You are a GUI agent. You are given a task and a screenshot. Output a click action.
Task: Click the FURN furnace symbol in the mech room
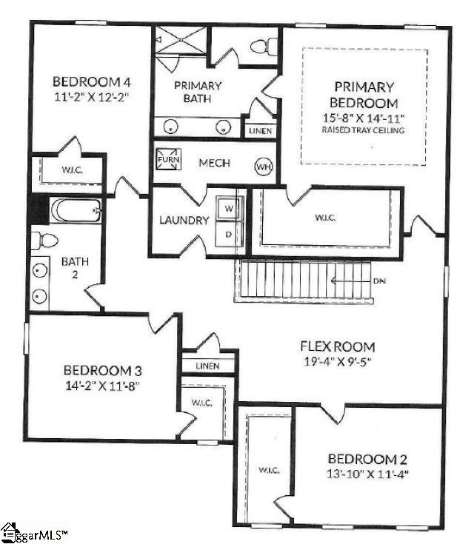click(164, 159)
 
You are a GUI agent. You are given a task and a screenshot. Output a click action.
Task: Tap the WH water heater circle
click(264, 166)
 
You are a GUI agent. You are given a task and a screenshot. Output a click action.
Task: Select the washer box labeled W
click(229, 209)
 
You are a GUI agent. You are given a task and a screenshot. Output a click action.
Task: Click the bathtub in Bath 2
click(75, 210)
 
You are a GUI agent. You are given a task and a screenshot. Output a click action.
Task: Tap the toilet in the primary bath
click(260, 46)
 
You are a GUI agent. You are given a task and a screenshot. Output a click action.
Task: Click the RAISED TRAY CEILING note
click(362, 130)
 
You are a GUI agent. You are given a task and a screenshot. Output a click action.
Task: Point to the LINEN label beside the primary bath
click(260, 131)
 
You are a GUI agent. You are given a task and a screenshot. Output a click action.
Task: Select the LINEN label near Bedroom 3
click(207, 366)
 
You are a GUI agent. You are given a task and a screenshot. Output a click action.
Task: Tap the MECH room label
click(215, 164)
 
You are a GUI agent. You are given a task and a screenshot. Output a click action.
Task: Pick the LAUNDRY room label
click(184, 221)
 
